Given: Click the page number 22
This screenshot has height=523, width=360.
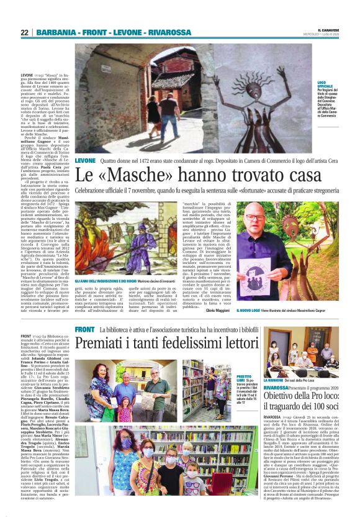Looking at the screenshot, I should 25,32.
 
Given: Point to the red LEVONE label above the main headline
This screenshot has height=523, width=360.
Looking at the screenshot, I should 85,160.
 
